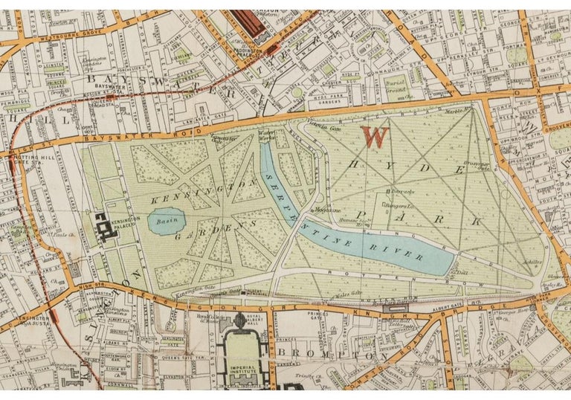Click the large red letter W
pyautogui.click(x=375, y=137)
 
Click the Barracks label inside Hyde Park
pyautogui.click(x=393, y=192)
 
